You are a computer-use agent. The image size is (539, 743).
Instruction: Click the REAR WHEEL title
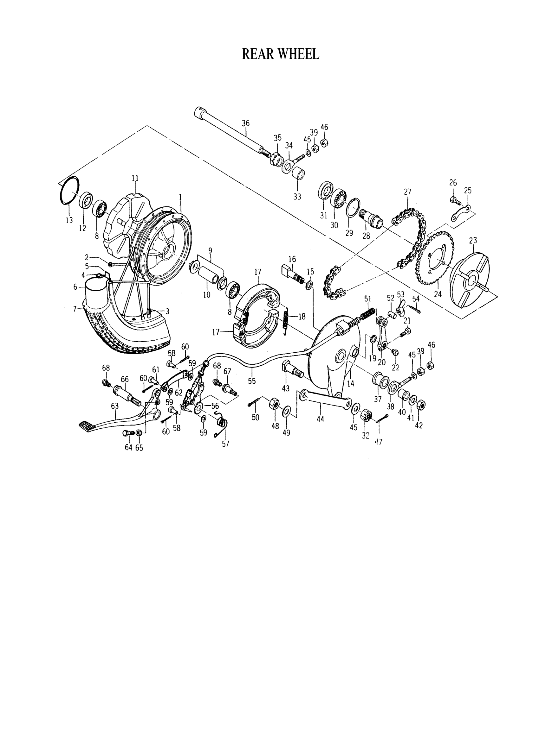(280, 54)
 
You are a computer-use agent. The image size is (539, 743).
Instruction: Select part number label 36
(245, 123)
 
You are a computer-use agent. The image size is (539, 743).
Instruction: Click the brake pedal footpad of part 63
(87, 426)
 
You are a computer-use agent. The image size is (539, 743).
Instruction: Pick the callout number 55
(252, 381)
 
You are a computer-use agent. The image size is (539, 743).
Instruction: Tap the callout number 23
(473, 241)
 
